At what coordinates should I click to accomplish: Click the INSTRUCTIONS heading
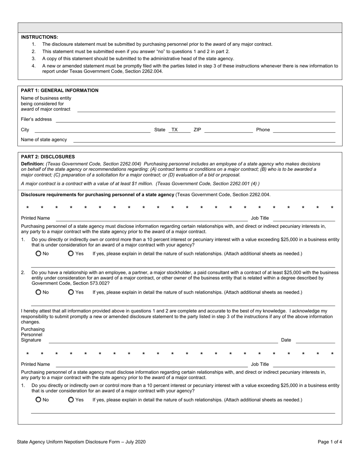(x=39, y=37)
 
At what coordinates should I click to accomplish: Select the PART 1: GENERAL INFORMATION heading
(x=59, y=91)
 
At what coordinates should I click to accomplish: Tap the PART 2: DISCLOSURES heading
(x=48, y=156)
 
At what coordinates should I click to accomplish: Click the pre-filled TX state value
(x=175, y=130)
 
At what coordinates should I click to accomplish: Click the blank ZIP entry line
(x=229, y=130)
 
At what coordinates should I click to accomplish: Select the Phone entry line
(x=304, y=130)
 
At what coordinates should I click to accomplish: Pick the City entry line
(x=92, y=130)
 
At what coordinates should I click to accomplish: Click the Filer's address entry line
(x=196, y=120)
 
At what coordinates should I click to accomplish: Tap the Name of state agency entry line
(x=204, y=140)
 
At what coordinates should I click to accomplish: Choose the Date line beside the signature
(x=315, y=340)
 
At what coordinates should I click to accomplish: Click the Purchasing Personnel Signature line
(x=163, y=340)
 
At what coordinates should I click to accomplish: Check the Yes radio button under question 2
(x=71, y=292)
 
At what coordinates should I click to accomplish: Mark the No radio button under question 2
(x=38, y=292)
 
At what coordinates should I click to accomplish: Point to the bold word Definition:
(x=33, y=164)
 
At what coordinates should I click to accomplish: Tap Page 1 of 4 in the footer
(x=330, y=442)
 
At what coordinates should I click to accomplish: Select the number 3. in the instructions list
(x=34, y=58)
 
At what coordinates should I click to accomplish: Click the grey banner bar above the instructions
(x=180, y=28)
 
